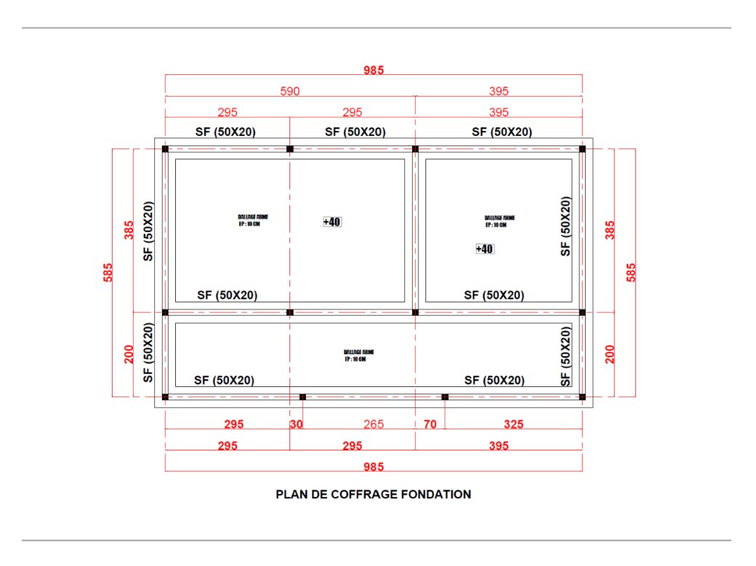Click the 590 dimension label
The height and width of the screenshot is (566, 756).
click(290, 91)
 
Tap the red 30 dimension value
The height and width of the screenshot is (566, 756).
click(296, 424)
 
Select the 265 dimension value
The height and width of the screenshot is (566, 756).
click(374, 424)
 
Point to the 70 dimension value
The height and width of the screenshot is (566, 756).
click(430, 424)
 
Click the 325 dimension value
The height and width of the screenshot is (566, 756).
click(512, 424)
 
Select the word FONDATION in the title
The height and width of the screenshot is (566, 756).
click(438, 494)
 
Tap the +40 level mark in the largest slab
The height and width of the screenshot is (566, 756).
click(332, 222)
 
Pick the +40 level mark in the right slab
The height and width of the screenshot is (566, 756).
click(485, 249)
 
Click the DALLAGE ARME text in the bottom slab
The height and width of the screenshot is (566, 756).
click(359, 352)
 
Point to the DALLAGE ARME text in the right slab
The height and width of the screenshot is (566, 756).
click(500, 218)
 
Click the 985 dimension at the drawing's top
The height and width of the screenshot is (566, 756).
click(374, 71)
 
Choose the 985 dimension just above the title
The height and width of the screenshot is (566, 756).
click(374, 466)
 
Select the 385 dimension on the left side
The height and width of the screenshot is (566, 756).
click(129, 231)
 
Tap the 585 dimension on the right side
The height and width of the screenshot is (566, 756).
click(631, 273)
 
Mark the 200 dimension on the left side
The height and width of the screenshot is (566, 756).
click(129, 354)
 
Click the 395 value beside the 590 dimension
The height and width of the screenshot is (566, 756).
click(499, 91)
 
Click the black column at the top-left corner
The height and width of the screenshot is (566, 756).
click(165, 149)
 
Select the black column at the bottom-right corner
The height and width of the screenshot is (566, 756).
click(582, 396)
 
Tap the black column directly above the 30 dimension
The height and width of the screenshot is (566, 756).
click(302, 396)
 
